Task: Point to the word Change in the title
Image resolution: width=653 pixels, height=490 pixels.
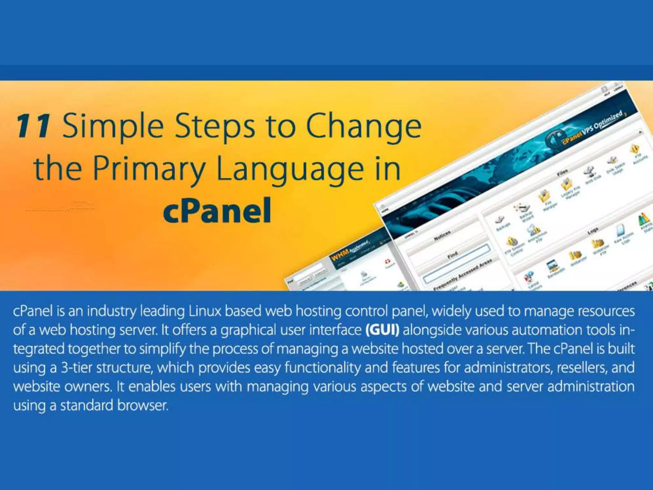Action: [363, 127]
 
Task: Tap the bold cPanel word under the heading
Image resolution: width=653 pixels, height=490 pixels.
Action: [217, 211]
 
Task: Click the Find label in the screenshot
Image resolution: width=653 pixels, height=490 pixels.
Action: [452, 254]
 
